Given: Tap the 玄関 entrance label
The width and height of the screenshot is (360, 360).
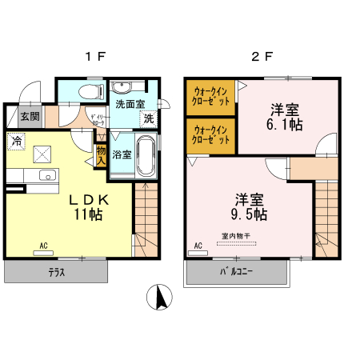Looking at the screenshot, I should [x=30, y=117].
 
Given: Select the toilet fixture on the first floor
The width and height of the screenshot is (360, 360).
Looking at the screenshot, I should [x=90, y=90].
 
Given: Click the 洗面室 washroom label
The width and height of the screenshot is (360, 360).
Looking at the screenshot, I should [x=129, y=103].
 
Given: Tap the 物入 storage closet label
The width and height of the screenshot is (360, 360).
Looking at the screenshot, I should [x=101, y=151].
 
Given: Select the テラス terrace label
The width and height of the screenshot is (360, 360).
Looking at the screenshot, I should [x=55, y=272].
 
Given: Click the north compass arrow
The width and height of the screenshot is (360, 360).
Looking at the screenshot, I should [x=160, y=298].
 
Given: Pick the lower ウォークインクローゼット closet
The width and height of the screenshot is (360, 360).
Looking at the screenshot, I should [x=211, y=135].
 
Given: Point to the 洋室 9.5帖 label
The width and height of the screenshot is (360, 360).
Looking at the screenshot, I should [x=250, y=206].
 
